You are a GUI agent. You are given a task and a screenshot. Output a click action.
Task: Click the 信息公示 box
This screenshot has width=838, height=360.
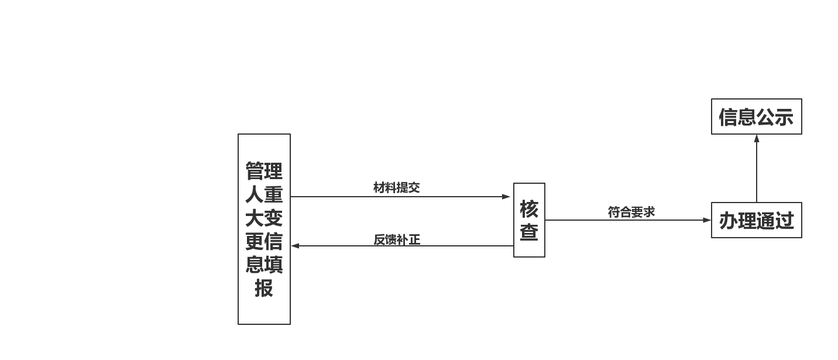756,116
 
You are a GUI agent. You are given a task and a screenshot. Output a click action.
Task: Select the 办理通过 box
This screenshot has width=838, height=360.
756,220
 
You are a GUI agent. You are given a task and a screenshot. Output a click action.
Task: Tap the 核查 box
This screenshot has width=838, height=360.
529,220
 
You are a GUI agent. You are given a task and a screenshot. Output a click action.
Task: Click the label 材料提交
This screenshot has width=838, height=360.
396,187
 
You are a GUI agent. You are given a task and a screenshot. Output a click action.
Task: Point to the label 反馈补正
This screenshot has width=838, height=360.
397,239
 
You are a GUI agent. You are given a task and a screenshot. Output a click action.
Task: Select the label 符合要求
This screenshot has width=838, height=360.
631,212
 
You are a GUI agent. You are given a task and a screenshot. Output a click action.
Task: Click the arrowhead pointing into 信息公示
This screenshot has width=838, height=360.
757,139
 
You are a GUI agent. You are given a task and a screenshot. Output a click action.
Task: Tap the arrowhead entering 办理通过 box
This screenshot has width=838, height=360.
707,220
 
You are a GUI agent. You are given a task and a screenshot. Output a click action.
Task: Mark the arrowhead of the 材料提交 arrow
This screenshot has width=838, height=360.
507,197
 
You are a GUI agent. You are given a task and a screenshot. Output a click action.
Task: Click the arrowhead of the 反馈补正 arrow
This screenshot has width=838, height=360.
296,246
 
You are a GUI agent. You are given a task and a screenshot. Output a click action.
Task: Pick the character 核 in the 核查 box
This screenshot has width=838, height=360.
529,209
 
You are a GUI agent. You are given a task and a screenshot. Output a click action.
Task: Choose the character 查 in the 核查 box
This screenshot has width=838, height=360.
529,232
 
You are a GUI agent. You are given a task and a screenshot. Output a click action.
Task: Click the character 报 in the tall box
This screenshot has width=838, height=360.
264,288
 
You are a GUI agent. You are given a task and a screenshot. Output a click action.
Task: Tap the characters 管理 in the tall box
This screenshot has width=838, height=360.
264,172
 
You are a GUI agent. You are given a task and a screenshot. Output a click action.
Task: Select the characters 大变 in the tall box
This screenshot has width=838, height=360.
264,218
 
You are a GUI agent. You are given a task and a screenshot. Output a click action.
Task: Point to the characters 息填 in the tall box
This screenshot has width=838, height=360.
264,265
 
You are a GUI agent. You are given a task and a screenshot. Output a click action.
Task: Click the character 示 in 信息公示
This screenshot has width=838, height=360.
784,117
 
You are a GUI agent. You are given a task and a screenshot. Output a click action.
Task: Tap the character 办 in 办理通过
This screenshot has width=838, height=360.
728,221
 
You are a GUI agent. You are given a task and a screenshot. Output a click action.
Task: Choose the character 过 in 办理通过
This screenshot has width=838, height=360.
785,221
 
